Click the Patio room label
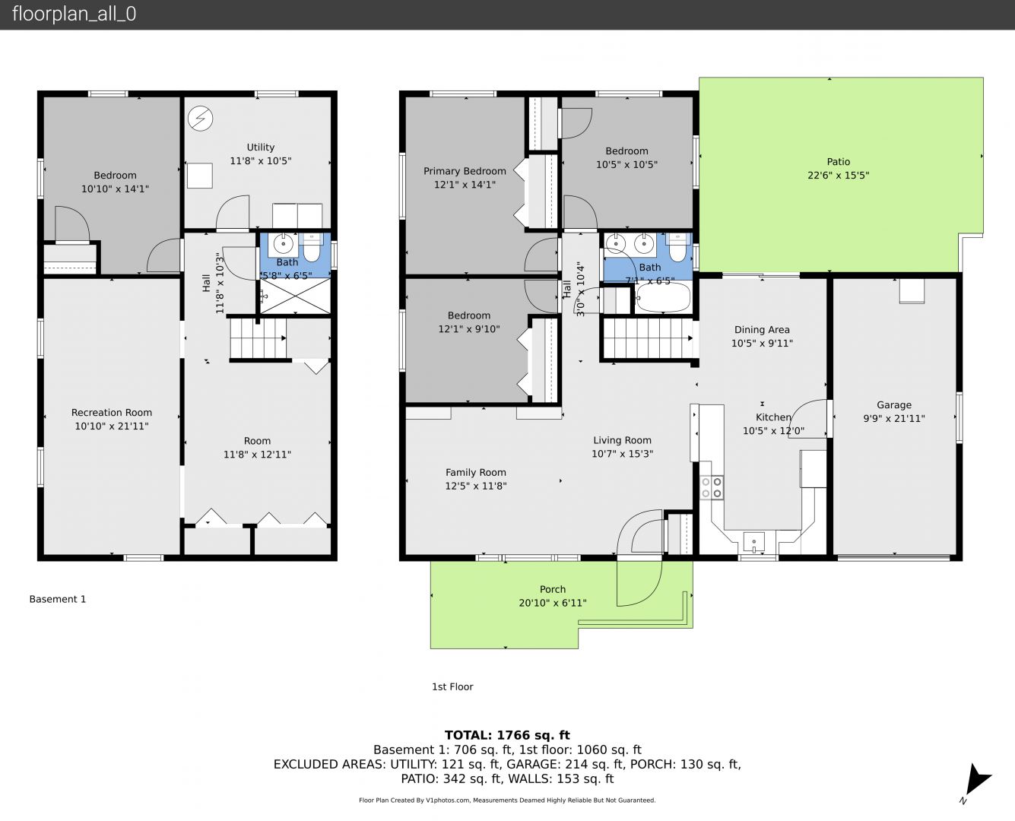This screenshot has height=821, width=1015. coord(838,161)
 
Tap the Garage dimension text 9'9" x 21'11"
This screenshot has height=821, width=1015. coord(894,418)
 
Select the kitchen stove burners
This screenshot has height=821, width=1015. coord(712,487)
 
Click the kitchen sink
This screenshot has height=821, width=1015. coord(754,542)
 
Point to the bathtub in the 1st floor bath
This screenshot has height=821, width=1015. coord(663,298)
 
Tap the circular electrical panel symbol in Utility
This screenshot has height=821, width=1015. coord(200,118)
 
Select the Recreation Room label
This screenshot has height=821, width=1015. coord(112,413)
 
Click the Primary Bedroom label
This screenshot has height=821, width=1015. coord(465,171)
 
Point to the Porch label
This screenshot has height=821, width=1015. coord(553,589)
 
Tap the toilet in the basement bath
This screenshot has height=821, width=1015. coord(312,248)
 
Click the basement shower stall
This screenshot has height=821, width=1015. coord(295,296)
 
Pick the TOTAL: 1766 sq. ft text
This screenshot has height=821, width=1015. coord(507,735)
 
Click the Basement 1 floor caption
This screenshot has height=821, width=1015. coord(58,599)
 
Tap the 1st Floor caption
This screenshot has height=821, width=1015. coord(452,686)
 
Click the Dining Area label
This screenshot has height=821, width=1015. coord(762,330)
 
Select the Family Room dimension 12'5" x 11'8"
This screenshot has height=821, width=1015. coord(476,486)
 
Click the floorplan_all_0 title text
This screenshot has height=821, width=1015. coord(75,14)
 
